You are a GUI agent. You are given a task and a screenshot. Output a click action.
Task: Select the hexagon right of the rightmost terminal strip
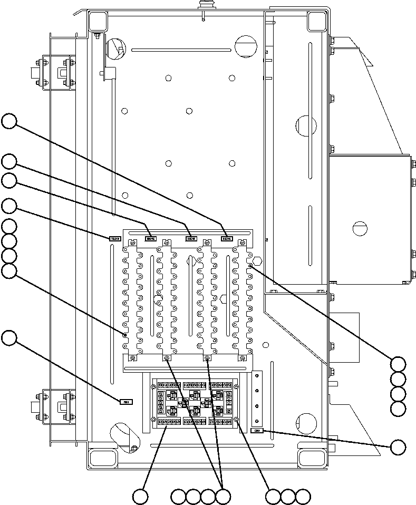click(x=257, y=261)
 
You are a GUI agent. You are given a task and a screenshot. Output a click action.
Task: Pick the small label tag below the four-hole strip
click(x=257, y=431)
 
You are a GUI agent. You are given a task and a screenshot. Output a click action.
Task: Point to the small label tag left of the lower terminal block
click(x=126, y=402)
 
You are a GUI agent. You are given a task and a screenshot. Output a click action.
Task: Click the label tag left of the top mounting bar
click(x=114, y=238)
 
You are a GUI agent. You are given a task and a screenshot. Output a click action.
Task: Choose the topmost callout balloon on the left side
click(x=8, y=121)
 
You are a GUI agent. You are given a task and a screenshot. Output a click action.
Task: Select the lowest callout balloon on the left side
click(x=8, y=338)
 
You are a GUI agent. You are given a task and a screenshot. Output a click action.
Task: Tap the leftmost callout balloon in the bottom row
click(x=140, y=496)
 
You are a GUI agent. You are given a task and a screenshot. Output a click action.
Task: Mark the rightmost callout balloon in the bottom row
click(x=303, y=496)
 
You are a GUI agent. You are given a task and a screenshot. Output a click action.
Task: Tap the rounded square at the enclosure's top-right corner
click(x=317, y=21)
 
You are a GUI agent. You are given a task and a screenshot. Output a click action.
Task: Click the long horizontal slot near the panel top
click(x=180, y=51)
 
